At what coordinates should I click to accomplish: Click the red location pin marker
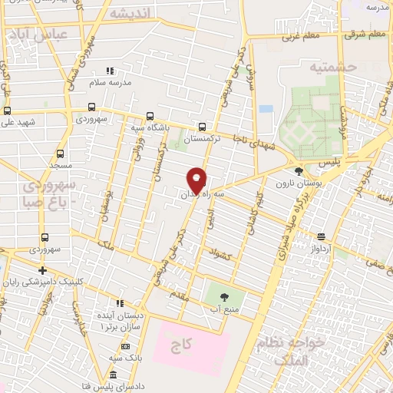point(196,181)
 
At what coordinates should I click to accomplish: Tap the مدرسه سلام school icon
point(108,71)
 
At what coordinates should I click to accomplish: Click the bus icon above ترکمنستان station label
point(202,127)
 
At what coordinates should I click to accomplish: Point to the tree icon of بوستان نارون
point(299,171)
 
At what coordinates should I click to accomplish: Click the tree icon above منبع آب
point(224,296)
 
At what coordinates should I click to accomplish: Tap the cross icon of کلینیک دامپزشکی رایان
point(43,270)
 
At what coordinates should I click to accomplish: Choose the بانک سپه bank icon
point(120,348)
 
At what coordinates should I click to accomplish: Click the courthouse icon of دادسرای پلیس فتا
point(113,375)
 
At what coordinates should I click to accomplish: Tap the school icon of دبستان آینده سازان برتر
point(120,302)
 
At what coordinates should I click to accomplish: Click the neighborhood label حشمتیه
point(334,68)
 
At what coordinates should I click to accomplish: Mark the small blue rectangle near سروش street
point(266,108)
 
